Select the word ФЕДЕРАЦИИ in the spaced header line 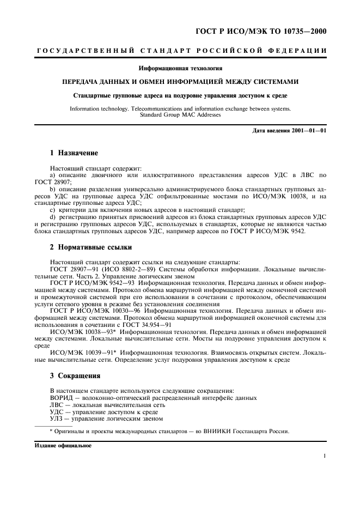pyautogui.click(x=298, y=51)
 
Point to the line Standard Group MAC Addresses pyautogui.click(x=180, y=115)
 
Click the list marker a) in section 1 pyautogui.click(x=52, y=174)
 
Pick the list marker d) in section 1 pyautogui.click(x=52, y=216)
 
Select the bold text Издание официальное pyautogui.click(x=64, y=445)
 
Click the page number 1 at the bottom pyautogui.click(x=324, y=457)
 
